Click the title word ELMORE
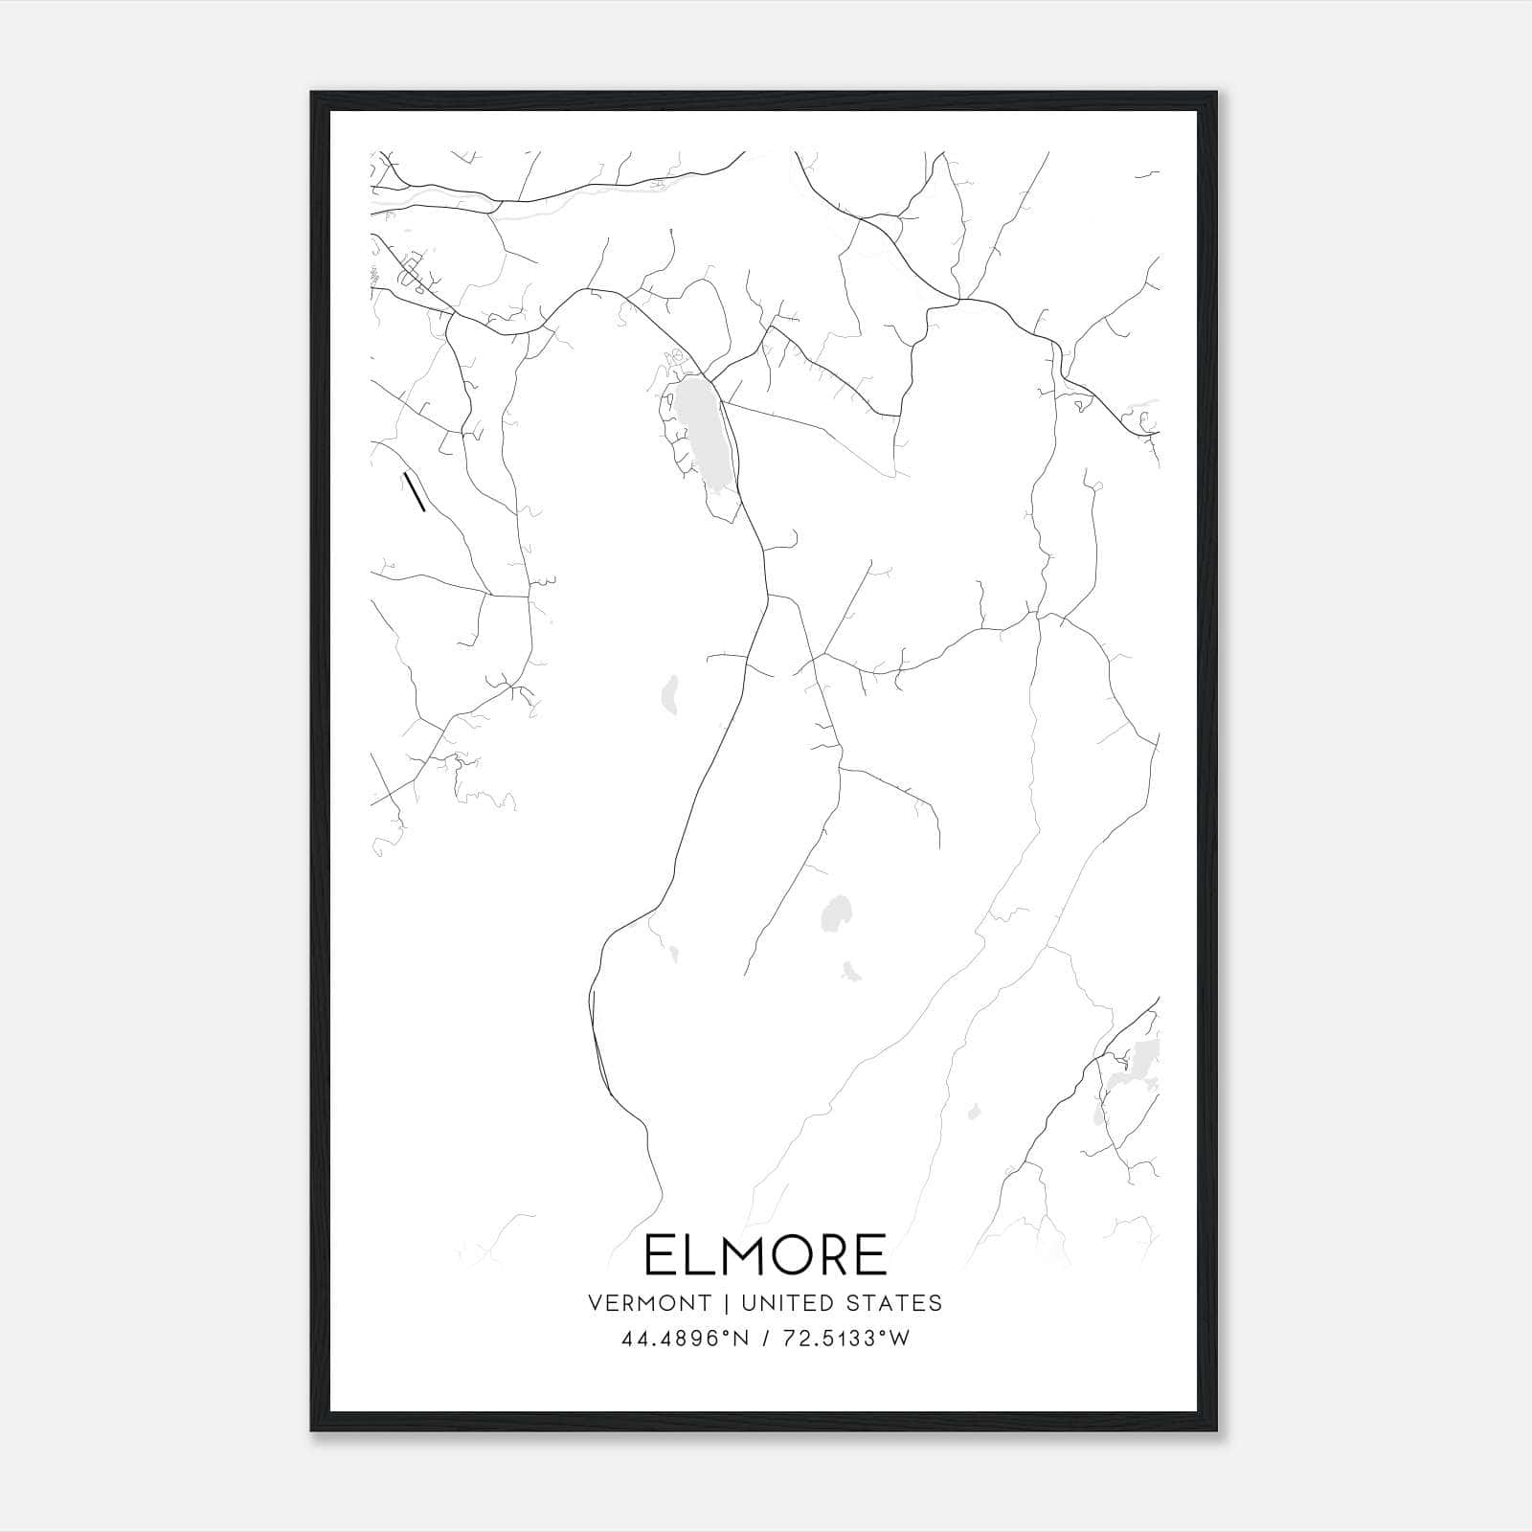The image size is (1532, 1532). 765,1255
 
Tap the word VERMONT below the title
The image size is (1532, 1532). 650,1303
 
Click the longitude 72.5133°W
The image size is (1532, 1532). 846,1339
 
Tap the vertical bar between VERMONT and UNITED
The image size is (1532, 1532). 727,1303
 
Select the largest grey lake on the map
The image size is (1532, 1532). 703,431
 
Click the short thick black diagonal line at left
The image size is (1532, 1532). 415,491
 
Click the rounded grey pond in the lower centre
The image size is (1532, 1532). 837,913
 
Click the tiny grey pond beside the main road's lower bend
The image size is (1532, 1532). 674,954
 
